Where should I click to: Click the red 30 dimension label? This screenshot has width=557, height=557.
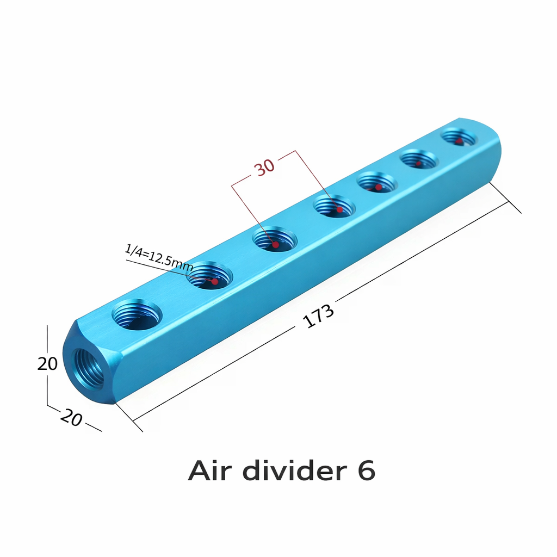265,168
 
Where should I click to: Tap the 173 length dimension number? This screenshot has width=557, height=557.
318,315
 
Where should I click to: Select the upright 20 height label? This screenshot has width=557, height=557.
47,364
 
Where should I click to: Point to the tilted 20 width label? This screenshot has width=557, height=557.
71,417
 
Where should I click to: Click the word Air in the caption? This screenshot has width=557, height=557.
209,471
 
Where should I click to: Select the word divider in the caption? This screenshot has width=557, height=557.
295,470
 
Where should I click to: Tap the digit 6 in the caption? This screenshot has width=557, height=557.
366,471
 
